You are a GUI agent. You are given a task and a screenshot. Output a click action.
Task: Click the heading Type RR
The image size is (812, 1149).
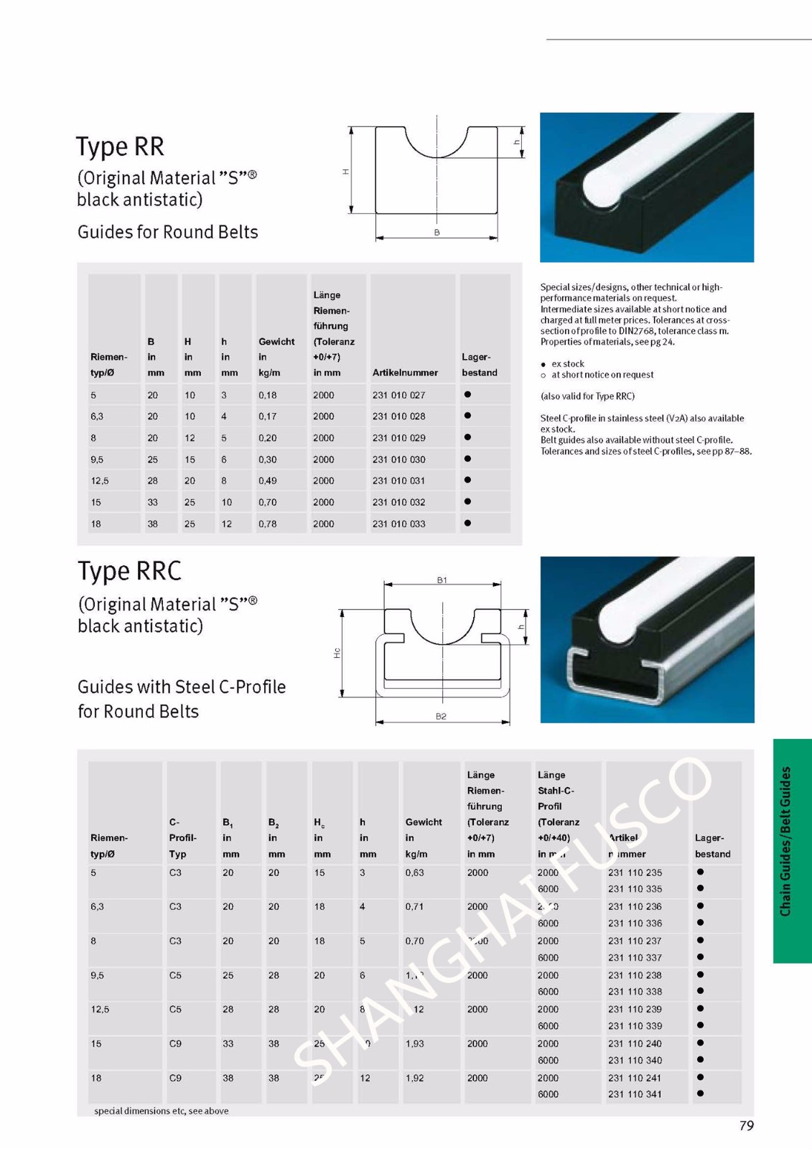click(x=120, y=146)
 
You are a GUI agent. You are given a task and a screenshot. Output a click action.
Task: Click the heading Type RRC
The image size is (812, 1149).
click(x=129, y=571)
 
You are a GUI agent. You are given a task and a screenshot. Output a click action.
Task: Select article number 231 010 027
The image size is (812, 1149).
click(x=398, y=395)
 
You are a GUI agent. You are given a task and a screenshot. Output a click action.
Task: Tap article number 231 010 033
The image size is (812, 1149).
click(x=398, y=524)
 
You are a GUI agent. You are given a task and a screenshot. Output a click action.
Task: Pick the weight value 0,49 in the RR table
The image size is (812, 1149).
click(x=268, y=481)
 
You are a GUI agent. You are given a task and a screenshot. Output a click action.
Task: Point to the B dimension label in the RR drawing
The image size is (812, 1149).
click(x=437, y=233)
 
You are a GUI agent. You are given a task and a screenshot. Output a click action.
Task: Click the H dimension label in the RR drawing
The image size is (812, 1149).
click(x=345, y=172)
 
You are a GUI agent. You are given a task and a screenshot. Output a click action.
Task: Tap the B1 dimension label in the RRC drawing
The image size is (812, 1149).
click(x=442, y=580)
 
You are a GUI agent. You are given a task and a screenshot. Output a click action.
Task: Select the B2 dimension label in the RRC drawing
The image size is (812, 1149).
click(x=441, y=717)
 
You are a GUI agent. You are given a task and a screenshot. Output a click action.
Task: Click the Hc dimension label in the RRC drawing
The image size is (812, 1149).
click(x=337, y=653)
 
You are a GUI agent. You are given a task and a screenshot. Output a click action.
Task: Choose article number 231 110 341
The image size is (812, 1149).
click(x=635, y=1094)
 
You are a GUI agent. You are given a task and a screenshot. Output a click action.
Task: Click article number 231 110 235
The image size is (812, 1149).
click(x=635, y=873)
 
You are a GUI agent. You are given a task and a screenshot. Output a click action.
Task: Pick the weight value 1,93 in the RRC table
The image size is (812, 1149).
click(x=414, y=1043)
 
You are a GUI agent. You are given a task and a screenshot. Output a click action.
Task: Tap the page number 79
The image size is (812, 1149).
click(x=747, y=1125)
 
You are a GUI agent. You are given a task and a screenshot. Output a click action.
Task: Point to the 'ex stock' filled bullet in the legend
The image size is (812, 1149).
click(x=543, y=365)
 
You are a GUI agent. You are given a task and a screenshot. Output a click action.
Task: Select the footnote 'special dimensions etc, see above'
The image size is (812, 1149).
click(x=162, y=1111)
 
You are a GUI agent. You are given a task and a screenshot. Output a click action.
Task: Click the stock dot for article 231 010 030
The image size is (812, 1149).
click(x=467, y=459)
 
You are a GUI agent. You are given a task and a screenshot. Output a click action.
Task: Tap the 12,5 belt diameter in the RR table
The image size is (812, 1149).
click(x=99, y=481)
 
